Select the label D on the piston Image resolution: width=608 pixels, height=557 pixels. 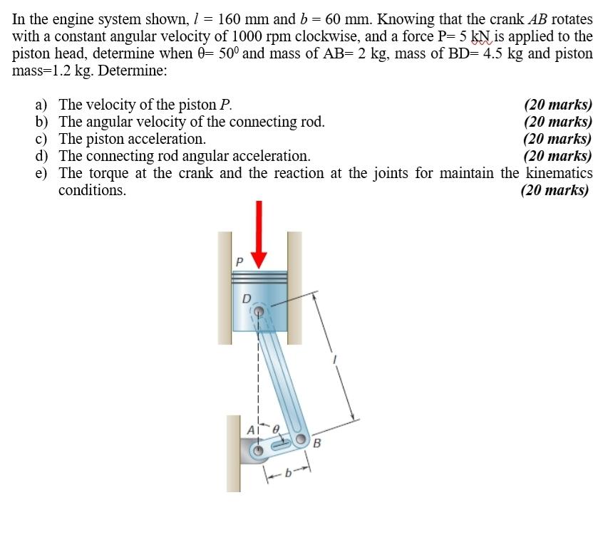coord(247,298)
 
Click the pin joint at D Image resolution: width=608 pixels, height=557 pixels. coord(261,311)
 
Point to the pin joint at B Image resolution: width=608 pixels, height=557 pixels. coord(302,439)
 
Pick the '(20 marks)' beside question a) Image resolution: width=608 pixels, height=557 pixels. coord(557,105)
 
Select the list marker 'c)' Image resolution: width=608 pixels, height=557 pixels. coord(42,139)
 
